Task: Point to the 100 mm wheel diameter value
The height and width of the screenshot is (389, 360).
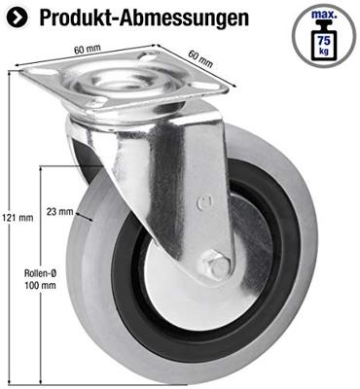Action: pyautogui.click(x=41, y=287)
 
